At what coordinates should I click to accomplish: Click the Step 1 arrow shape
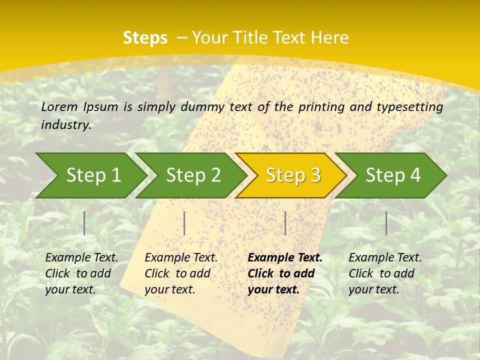[x=90, y=175]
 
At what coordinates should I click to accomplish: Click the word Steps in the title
[x=145, y=37]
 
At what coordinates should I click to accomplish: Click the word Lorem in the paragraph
[x=59, y=106]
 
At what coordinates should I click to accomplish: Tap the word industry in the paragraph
[x=66, y=124]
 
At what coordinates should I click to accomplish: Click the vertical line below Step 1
[x=84, y=223]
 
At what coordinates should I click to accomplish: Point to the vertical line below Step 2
[x=184, y=223]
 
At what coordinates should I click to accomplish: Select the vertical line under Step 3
[x=285, y=223]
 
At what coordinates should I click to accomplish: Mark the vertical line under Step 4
[x=386, y=223]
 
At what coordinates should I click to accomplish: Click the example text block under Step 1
[x=81, y=273]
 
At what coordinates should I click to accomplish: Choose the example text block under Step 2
[x=181, y=273]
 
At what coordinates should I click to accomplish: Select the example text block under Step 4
[x=385, y=273]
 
